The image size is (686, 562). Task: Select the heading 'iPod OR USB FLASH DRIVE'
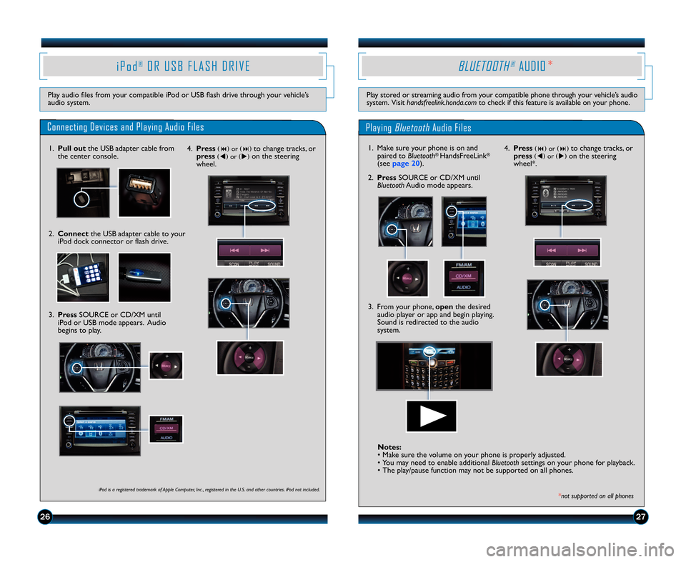(x=183, y=66)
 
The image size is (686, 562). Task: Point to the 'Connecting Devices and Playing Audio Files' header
(x=125, y=127)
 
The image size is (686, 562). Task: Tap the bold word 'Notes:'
(x=389, y=446)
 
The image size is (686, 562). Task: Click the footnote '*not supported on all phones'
(x=595, y=496)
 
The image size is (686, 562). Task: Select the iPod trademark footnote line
(x=209, y=489)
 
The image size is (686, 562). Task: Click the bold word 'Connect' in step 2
(x=74, y=234)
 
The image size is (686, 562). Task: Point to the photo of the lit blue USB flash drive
(x=144, y=277)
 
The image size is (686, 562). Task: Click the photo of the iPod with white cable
(x=83, y=277)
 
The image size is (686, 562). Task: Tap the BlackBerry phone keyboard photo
(x=434, y=366)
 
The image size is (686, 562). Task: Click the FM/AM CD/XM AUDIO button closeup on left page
(x=166, y=428)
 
